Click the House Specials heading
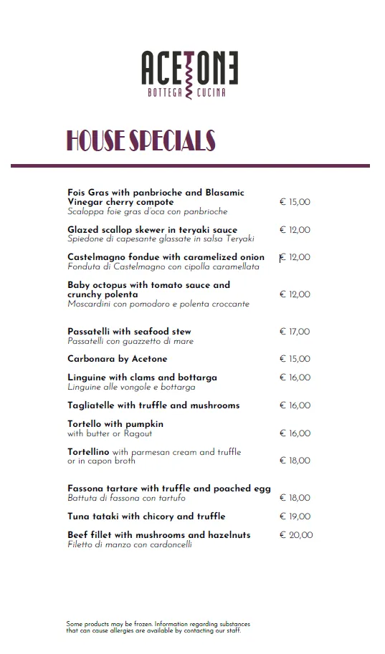tap(141, 140)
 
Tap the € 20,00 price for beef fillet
tap(295, 535)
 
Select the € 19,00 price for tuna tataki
tap(295, 516)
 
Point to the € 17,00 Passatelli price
tap(295, 332)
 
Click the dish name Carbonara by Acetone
tap(117, 359)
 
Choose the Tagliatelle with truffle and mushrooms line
tap(153, 405)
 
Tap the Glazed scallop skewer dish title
tap(152, 230)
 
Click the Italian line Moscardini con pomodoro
tap(158, 304)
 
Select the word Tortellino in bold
tap(88, 452)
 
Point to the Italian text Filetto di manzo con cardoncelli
tap(130, 544)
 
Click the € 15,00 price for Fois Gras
tap(295, 203)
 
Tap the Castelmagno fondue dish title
tap(166, 257)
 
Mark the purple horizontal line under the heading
tap(190, 166)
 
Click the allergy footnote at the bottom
tap(158, 627)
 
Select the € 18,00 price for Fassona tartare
tap(295, 498)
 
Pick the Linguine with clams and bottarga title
tap(142, 378)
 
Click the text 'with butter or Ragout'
tap(110, 433)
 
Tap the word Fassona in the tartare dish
tap(87, 489)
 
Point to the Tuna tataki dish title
tap(146, 516)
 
